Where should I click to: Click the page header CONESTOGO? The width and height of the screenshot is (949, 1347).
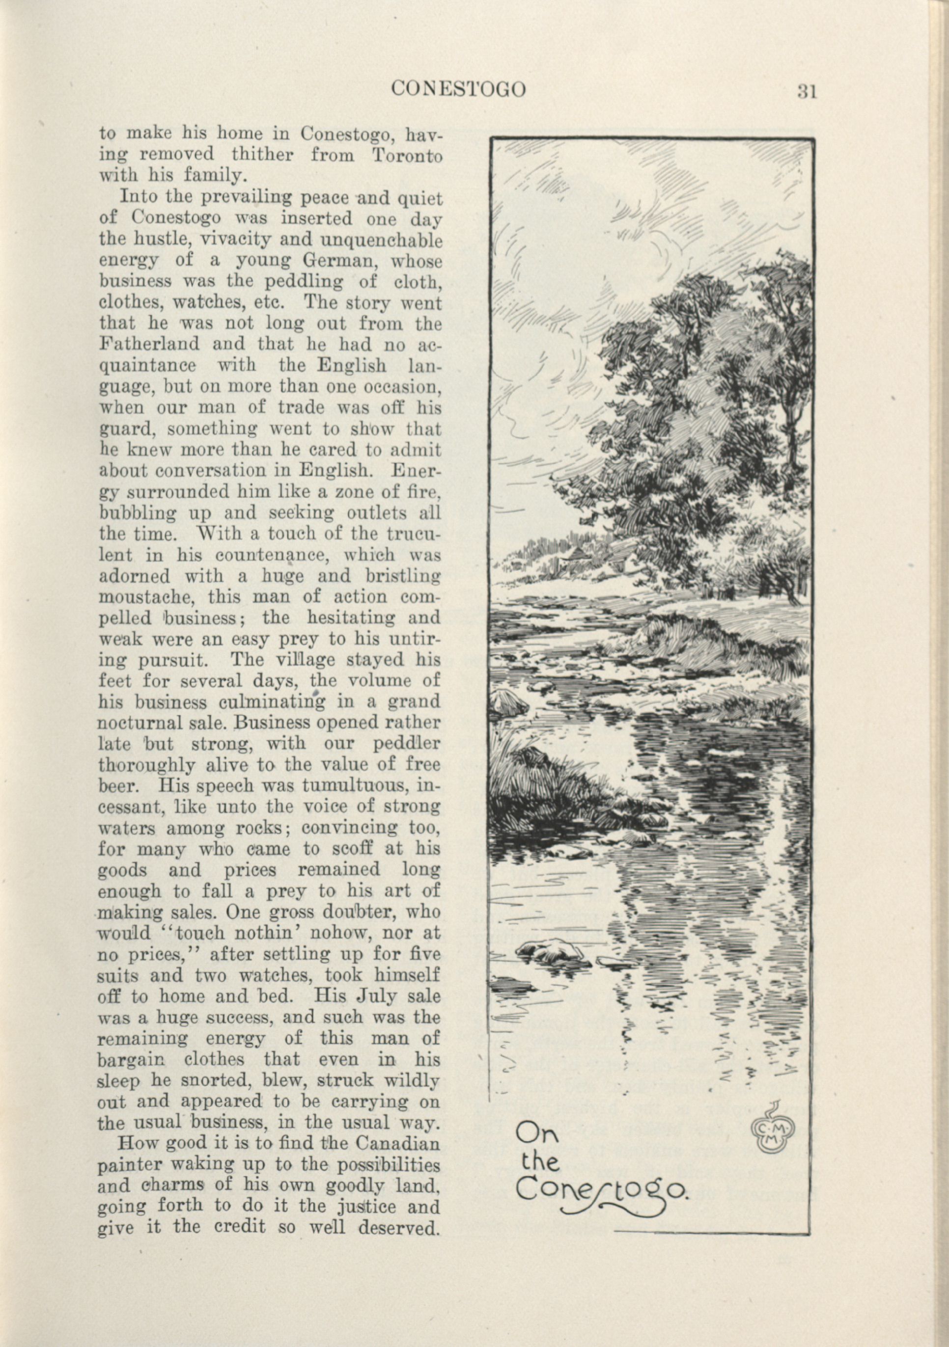point(458,90)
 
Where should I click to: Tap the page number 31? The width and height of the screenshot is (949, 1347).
point(807,92)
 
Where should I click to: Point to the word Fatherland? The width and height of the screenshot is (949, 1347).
point(149,344)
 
